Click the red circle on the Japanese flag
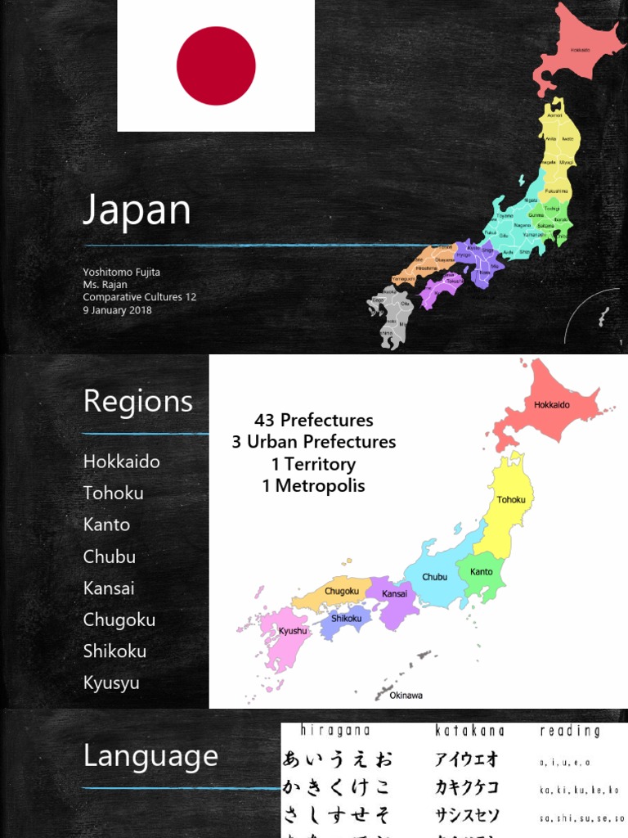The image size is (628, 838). [216, 65]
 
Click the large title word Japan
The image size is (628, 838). [137, 209]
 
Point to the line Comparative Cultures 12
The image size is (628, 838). [140, 297]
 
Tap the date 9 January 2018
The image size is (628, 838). [117, 310]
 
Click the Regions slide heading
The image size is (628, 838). [138, 402]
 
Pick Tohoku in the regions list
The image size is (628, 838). [113, 493]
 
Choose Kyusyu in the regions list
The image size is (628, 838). [111, 683]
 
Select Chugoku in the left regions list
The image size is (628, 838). [119, 619]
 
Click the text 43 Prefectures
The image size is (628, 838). [314, 421]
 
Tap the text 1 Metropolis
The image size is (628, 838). [314, 486]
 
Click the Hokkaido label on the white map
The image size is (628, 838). [552, 404]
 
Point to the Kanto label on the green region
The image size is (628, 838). [482, 571]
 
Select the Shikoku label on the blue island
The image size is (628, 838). [346, 618]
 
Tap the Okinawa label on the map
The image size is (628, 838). [406, 696]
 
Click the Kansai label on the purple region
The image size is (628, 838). [395, 592]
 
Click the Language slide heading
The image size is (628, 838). [150, 756]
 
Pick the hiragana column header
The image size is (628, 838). [335, 730]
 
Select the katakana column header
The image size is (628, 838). [469, 730]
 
